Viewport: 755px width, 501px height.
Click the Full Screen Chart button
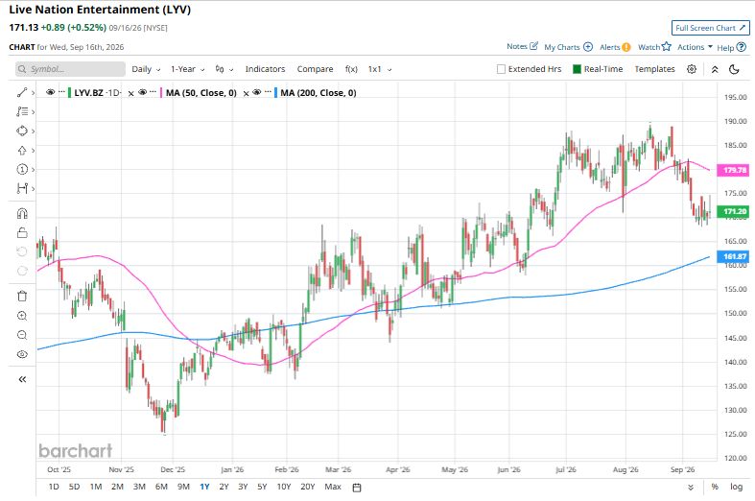coord(710,28)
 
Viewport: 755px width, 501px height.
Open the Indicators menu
coord(265,69)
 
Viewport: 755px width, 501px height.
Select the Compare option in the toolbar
coord(315,69)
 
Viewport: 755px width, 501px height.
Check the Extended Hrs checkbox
coord(501,69)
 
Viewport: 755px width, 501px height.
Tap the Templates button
coord(654,69)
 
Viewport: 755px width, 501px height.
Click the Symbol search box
coord(70,69)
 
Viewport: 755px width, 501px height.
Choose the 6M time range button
coord(161,487)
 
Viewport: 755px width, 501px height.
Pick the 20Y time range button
coord(307,487)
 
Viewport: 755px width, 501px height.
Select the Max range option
coord(333,487)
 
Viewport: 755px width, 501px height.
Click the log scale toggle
coord(736,487)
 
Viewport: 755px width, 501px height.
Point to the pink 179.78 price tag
coord(733,170)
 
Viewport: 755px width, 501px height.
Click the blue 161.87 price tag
coord(733,257)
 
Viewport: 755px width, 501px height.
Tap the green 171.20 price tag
coord(733,211)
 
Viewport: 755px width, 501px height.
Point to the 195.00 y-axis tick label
coord(735,97)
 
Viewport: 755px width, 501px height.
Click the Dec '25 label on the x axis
coord(173,469)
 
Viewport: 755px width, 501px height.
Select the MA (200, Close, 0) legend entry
coord(319,93)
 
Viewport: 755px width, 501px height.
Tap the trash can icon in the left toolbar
coord(22,296)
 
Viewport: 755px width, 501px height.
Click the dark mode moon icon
coord(734,69)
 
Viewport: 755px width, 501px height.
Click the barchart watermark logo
coord(76,451)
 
